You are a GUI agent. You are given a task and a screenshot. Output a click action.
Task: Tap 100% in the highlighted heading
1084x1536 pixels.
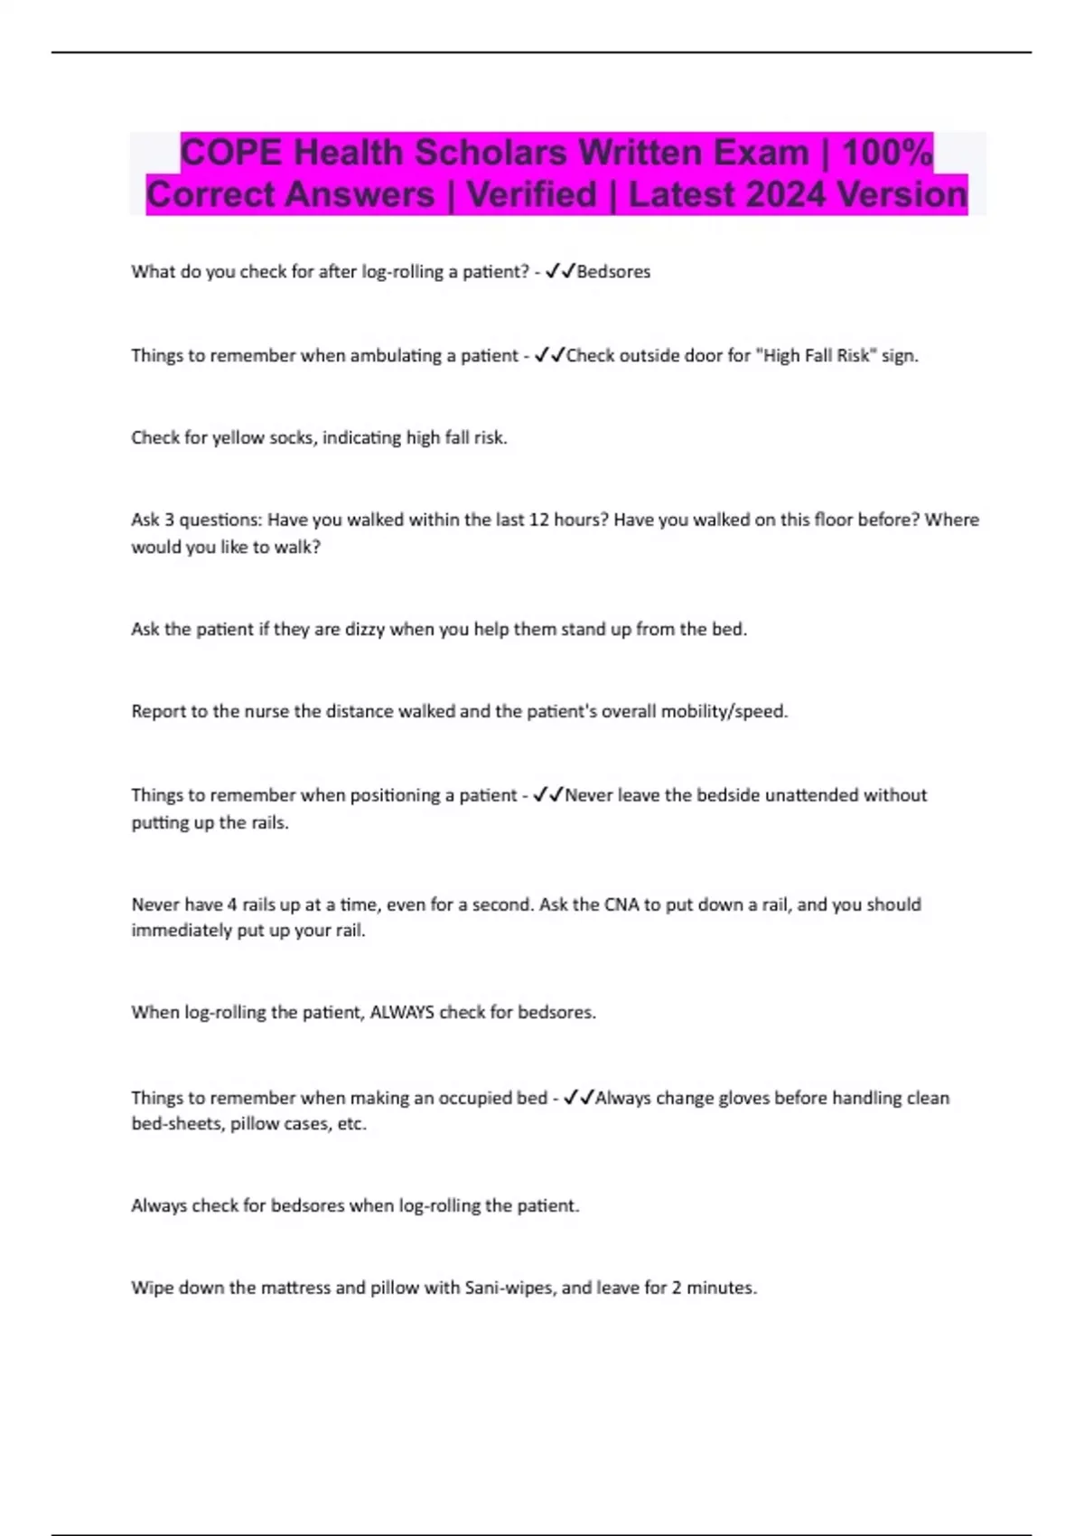point(887,153)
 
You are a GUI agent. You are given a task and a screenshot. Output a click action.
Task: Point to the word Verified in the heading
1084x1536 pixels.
point(531,194)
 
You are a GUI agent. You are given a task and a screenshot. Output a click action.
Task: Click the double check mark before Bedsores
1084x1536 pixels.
point(560,271)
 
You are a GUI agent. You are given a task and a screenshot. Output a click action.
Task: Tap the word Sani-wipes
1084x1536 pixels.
point(509,1288)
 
